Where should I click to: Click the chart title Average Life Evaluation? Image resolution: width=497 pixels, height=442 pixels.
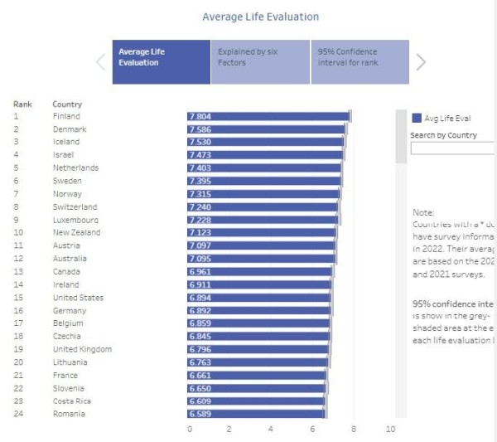click(260, 17)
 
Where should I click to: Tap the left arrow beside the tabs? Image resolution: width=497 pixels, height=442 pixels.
click(100, 61)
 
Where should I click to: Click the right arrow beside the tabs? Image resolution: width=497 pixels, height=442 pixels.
click(421, 61)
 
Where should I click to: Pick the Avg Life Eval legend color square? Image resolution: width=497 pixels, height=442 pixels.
click(417, 119)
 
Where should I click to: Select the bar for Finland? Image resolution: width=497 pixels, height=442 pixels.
click(268, 117)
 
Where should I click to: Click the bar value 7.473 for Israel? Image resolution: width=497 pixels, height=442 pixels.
click(200, 155)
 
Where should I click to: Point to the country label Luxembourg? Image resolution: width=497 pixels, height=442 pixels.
click(75, 220)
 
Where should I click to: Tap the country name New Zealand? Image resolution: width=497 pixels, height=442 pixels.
click(76, 233)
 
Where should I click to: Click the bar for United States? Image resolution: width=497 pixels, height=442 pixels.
click(258, 298)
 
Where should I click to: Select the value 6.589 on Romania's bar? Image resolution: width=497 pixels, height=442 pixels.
click(200, 414)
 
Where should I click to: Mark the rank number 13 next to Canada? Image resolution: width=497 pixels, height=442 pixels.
click(17, 272)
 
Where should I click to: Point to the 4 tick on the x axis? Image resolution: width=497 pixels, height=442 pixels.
click(271, 430)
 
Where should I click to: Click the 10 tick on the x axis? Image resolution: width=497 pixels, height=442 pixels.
click(391, 430)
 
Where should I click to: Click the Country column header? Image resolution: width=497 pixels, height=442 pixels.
click(67, 104)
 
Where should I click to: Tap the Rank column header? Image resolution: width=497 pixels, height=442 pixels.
click(22, 104)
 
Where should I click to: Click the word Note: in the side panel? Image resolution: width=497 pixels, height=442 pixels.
click(422, 213)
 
